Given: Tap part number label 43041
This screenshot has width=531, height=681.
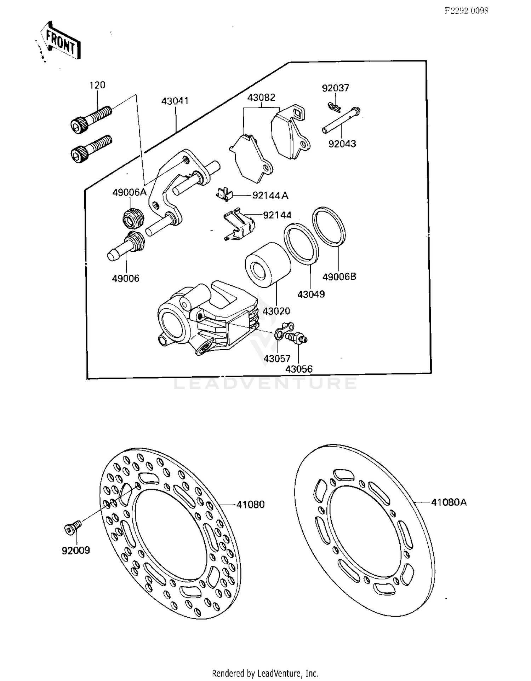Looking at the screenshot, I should (x=175, y=101).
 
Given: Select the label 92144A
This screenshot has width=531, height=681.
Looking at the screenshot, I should (x=270, y=196).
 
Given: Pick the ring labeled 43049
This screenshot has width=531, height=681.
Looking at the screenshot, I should (x=301, y=244).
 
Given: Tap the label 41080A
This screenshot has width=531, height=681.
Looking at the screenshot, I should (x=449, y=502).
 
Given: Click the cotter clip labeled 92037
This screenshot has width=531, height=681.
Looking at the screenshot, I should (x=333, y=106).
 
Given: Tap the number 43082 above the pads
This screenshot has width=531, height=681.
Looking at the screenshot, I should (x=261, y=98).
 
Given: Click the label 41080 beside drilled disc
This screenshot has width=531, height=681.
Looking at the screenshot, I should (x=250, y=505).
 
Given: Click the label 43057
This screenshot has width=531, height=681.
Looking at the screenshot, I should (x=277, y=359).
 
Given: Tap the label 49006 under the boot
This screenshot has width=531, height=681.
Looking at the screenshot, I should (x=126, y=279).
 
